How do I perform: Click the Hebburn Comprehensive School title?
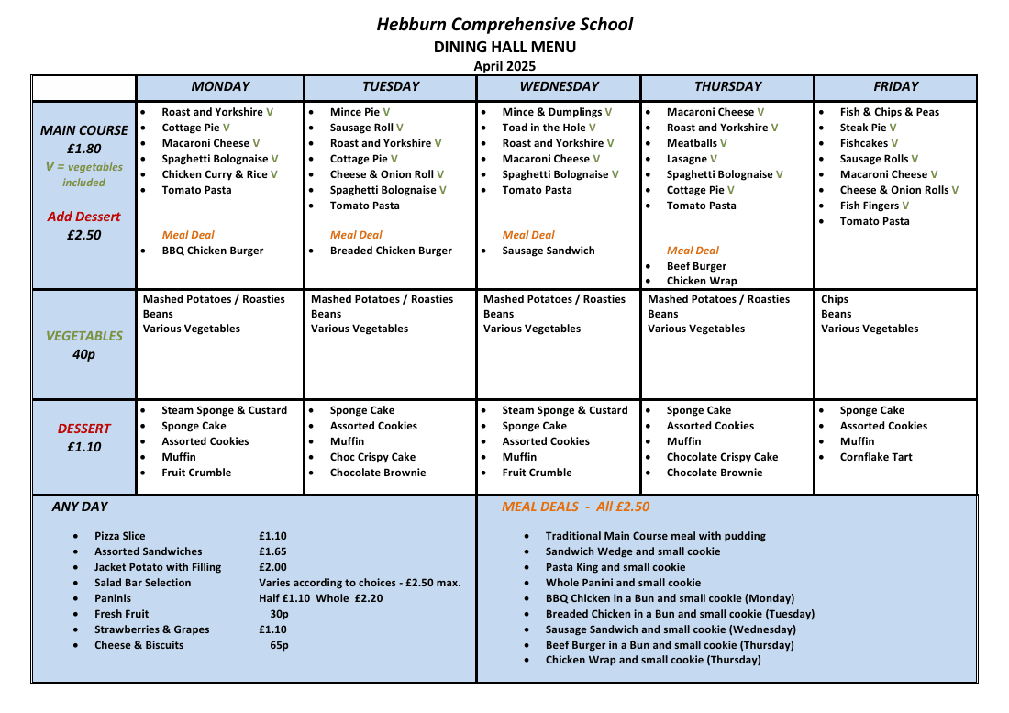(x=504, y=25)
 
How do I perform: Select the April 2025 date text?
(x=504, y=66)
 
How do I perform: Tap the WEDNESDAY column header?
(x=559, y=86)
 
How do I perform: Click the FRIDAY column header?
(x=895, y=86)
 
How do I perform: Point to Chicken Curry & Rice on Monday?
(x=215, y=174)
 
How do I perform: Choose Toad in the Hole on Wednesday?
(x=543, y=128)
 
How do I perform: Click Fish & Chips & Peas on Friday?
(x=889, y=112)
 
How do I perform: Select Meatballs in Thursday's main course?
(x=692, y=143)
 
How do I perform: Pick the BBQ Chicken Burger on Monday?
(x=212, y=251)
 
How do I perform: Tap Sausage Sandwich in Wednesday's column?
(x=548, y=251)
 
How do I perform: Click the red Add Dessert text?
(x=83, y=217)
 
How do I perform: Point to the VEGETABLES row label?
(x=83, y=336)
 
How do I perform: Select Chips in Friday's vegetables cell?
(x=835, y=299)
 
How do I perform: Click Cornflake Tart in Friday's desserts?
(x=876, y=457)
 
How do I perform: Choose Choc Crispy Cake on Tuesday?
(x=372, y=457)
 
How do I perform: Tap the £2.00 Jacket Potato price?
(x=272, y=567)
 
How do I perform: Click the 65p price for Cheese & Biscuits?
(x=279, y=645)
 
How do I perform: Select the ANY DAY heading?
(x=80, y=507)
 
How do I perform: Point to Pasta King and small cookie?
(x=615, y=567)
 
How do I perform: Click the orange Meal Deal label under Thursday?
(x=693, y=251)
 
